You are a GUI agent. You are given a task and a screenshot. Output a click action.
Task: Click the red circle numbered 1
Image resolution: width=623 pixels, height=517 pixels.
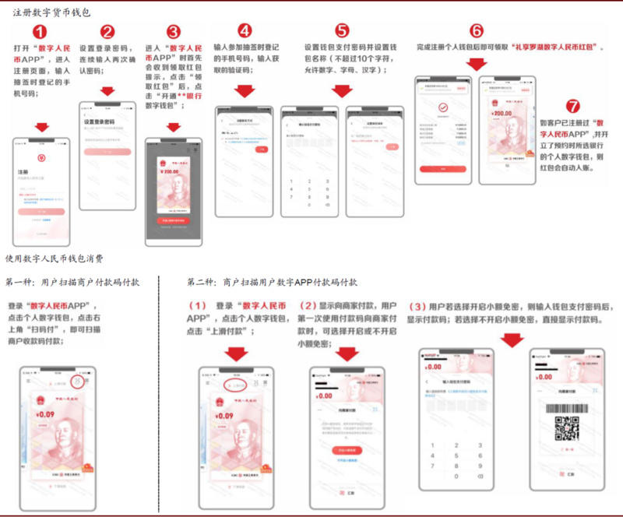pos(40,32)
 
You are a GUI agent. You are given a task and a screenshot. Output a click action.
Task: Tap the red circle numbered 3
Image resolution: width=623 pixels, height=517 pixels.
pos(173,32)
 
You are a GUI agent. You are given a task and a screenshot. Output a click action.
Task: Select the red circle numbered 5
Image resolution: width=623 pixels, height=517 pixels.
pos(342,31)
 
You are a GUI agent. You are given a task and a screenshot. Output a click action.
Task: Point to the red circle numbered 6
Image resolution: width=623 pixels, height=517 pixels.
pos(477,31)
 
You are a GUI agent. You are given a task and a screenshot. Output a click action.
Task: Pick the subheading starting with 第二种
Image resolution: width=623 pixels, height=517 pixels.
pos(273,282)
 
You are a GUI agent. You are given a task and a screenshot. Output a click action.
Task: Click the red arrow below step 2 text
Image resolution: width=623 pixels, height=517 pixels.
pos(107,91)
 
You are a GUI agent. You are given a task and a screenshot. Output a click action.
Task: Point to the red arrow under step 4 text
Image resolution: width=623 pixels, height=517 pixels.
pos(245,92)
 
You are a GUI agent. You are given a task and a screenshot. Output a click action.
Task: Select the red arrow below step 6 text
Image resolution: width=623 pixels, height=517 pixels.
pos(476,64)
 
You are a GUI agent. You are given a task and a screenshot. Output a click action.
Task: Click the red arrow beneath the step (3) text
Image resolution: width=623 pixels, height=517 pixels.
pos(512,340)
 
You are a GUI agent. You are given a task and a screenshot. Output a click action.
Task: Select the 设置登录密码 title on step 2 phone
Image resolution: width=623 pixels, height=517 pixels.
pos(99,121)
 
